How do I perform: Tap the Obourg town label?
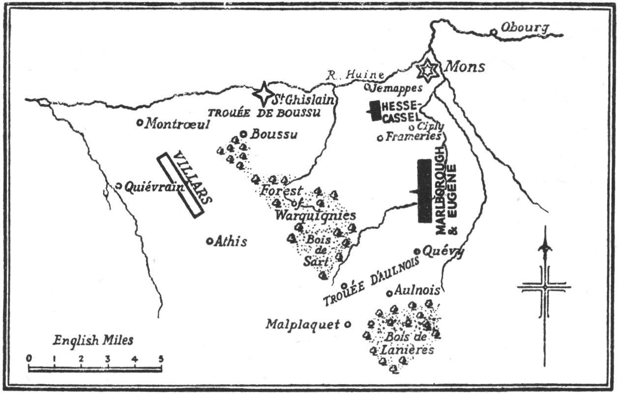point(524,28)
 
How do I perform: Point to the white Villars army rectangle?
point(180,184)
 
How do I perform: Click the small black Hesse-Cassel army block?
point(375,111)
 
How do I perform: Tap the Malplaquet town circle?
point(348,324)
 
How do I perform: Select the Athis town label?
point(230,242)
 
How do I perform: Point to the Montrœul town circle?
point(140,122)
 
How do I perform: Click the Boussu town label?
point(274,134)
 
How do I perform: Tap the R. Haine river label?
point(355,75)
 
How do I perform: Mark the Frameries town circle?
point(380,138)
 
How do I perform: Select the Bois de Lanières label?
point(403,344)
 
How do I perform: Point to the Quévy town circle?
point(417,251)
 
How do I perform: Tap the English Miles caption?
point(93,339)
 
